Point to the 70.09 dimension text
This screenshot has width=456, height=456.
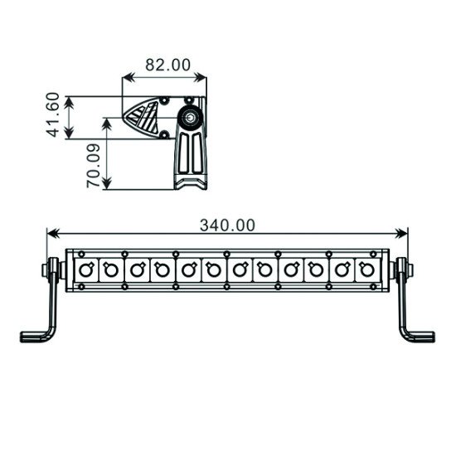[94, 165]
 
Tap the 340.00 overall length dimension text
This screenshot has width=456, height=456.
[227, 224]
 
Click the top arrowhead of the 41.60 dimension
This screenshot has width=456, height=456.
[70, 100]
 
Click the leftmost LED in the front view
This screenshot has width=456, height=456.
[86, 269]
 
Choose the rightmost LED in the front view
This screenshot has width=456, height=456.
[366, 269]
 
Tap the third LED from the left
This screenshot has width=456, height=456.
[137, 269]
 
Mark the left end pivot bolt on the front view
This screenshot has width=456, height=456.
[51, 269]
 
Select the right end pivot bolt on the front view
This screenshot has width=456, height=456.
[405, 269]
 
